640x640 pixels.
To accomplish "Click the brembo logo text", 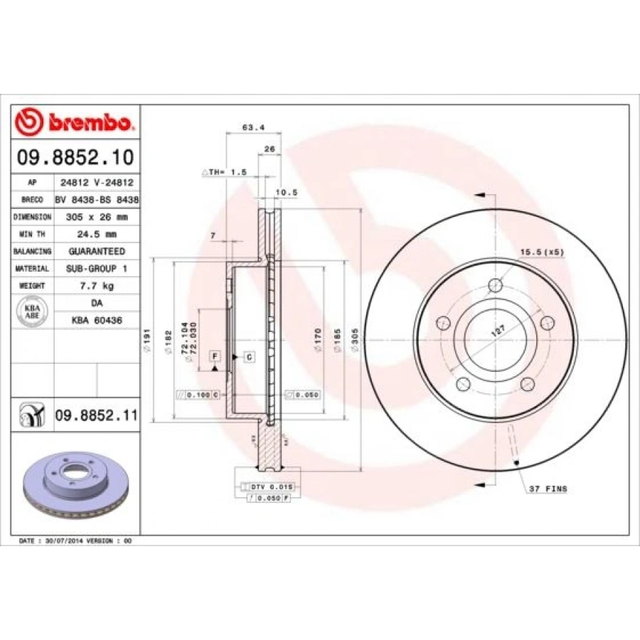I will click(x=90, y=123).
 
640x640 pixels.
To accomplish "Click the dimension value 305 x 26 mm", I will click(x=97, y=217).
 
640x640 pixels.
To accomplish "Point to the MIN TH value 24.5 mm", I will click(x=97, y=234).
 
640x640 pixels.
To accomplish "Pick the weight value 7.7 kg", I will click(x=97, y=286).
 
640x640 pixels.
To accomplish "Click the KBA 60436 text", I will click(x=97, y=321).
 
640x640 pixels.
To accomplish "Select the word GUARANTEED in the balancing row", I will click(x=97, y=251).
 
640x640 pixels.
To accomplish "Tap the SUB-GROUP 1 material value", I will click(x=97, y=269).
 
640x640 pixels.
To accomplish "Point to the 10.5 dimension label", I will click(x=286, y=192).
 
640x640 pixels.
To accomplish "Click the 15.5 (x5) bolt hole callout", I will click(x=542, y=252).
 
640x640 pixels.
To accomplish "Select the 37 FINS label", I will click(x=548, y=490).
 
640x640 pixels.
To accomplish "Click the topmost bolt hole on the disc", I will click(x=495, y=287).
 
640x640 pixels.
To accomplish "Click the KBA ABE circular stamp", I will click(x=33, y=311).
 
